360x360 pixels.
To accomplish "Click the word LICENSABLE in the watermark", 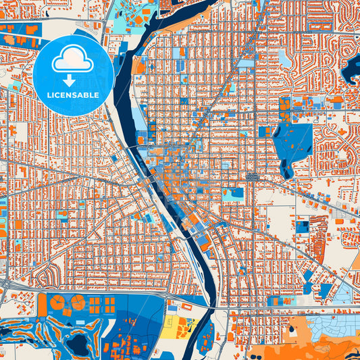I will [73, 95].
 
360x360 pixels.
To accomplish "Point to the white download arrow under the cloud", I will [73, 79].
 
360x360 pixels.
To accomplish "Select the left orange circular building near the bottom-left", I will [59, 303].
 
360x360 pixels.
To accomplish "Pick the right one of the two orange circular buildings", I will [78, 302].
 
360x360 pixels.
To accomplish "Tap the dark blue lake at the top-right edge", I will [353, 68].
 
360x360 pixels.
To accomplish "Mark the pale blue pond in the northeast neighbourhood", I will [286, 59].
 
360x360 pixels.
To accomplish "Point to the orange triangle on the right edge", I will [355, 260].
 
